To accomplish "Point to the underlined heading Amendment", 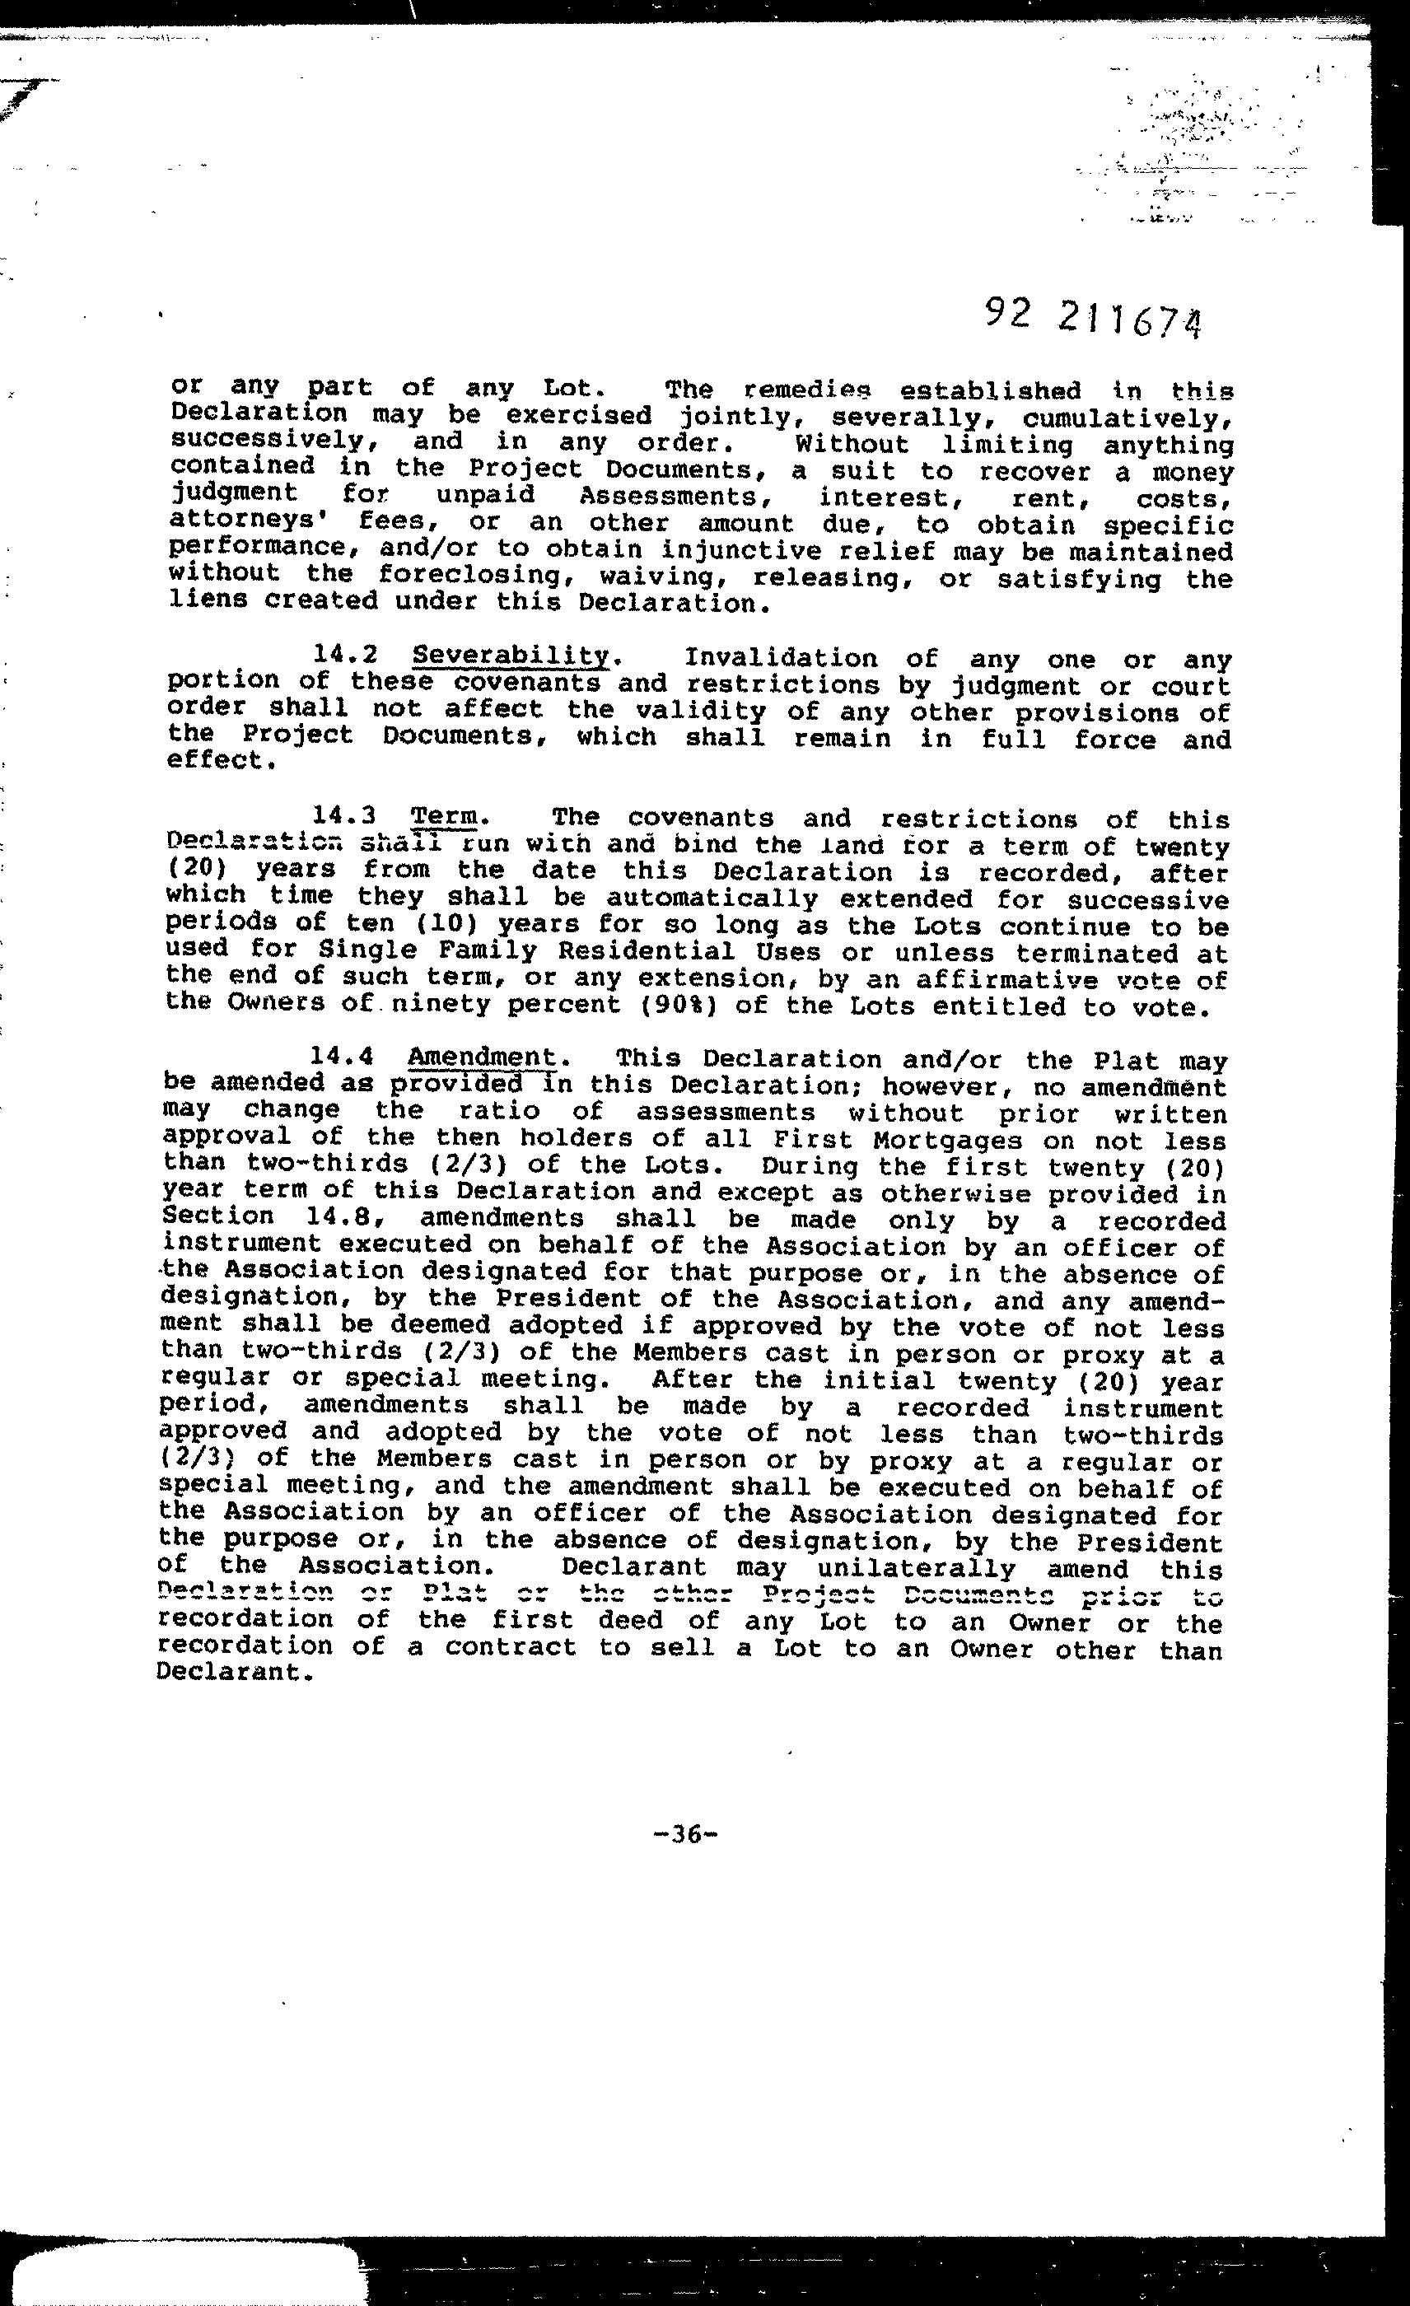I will [483, 1057].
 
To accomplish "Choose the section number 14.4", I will [343, 1057].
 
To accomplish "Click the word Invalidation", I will [782, 659].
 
